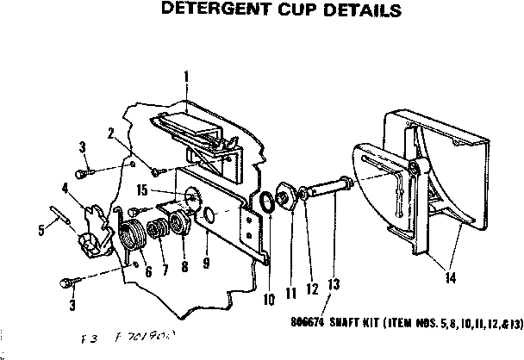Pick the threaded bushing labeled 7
point(159,231)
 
